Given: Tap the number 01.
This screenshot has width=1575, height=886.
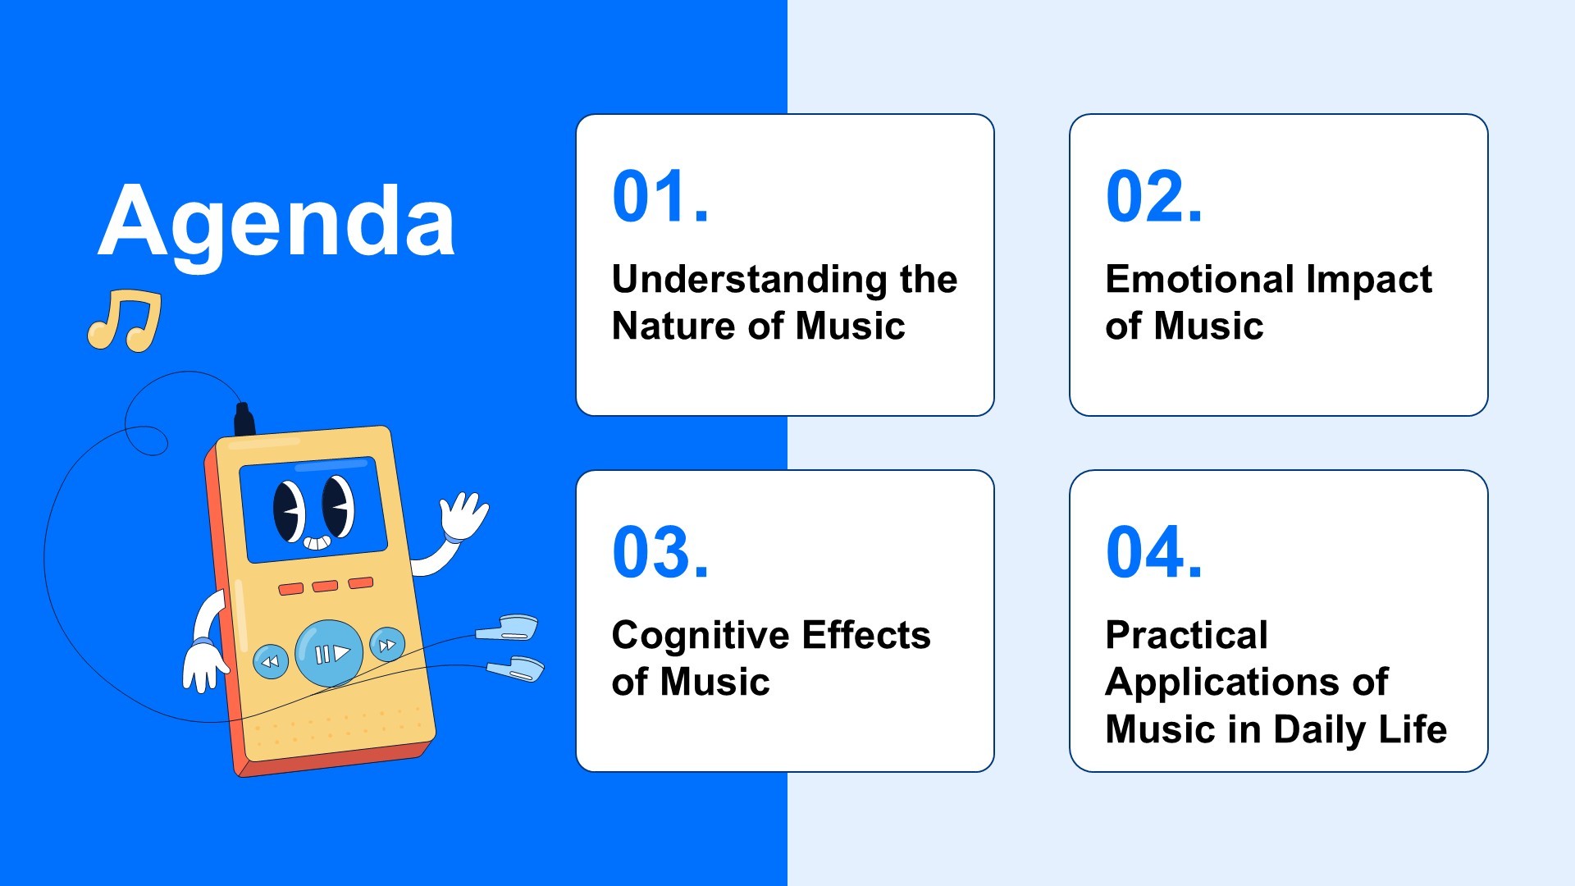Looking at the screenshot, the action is pyautogui.click(x=660, y=197).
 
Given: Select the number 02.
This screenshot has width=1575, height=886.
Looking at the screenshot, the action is pyautogui.click(x=1154, y=197).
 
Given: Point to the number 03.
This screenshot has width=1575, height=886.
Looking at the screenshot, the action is pyautogui.click(x=660, y=552).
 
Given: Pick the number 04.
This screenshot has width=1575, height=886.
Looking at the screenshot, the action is pyautogui.click(x=1154, y=552).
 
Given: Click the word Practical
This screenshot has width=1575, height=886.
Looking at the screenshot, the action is pyautogui.click(x=1186, y=635).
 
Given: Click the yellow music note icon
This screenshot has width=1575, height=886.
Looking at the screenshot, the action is pyautogui.click(x=125, y=320).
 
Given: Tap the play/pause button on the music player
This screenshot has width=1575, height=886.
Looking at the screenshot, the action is pyautogui.click(x=329, y=653).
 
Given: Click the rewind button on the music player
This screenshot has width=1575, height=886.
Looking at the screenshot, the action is pyautogui.click(x=270, y=661).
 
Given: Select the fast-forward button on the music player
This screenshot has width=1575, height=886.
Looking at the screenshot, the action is pyautogui.click(x=387, y=645).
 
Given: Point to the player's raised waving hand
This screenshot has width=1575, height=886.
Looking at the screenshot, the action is pyautogui.click(x=463, y=515).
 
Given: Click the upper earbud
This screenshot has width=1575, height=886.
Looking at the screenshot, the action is pyautogui.click(x=508, y=628).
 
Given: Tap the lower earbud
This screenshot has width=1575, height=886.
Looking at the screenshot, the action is pyautogui.click(x=516, y=669).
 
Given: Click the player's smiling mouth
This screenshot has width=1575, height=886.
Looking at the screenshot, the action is pyautogui.click(x=317, y=542).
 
